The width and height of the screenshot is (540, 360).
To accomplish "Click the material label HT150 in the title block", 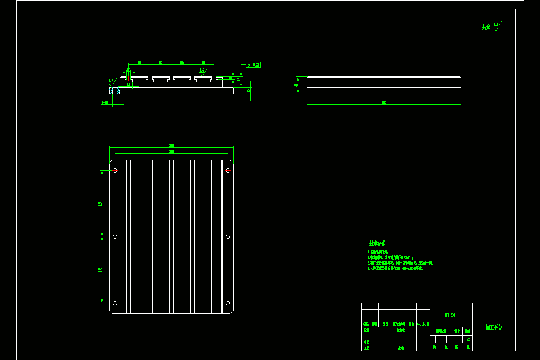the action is [450, 315].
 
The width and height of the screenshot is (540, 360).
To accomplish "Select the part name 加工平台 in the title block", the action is [494, 328].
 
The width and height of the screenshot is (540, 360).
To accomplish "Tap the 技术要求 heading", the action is [377, 243].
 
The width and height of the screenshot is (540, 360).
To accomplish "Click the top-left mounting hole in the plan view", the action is [115, 171].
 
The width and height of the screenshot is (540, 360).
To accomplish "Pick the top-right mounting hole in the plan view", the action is [228, 171].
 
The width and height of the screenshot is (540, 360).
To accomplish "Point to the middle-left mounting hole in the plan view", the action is [115, 237].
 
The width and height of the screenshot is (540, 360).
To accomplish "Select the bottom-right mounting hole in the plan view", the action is [228, 303].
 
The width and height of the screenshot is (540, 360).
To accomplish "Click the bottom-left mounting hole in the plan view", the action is [115, 303].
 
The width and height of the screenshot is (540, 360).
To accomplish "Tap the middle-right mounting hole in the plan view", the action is [228, 237].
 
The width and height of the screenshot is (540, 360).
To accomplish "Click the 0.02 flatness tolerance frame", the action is [253, 65].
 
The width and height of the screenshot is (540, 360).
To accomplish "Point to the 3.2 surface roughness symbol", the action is [111, 82].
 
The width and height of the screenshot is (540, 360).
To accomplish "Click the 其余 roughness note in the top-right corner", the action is [491, 26].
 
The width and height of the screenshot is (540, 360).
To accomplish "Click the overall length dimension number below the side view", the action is [384, 103].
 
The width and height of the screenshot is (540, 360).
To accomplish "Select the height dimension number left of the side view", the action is [297, 85].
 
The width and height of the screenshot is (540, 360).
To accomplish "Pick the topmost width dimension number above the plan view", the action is [171, 146].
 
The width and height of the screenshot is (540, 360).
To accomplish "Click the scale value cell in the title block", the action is [468, 339].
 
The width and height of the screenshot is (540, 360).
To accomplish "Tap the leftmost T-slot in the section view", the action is [129, 80].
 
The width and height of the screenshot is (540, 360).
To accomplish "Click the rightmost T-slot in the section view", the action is [214, 80].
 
